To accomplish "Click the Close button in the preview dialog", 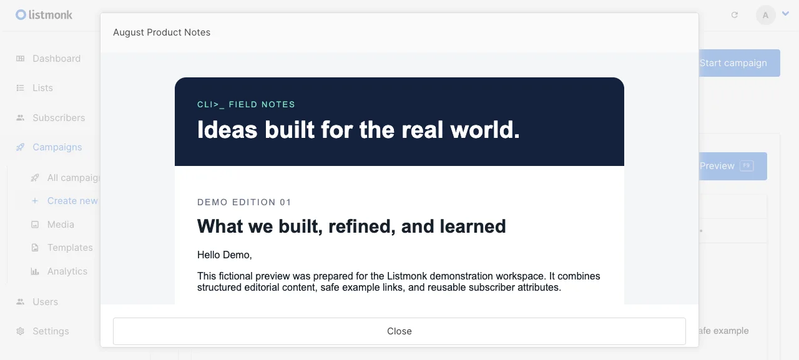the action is coord(399,331).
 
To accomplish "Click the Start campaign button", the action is coord(739,63).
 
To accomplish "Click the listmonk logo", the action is coord(44,14).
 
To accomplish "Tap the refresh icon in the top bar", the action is coord(735,15).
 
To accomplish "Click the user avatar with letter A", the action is coord(765,15).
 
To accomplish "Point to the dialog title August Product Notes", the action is coord(162,32).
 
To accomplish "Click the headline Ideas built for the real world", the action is coord(358,129).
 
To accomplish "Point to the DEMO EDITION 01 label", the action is coord(244,202).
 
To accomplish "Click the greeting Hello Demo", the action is coord(224,255).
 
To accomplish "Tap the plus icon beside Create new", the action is coord(35,201).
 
